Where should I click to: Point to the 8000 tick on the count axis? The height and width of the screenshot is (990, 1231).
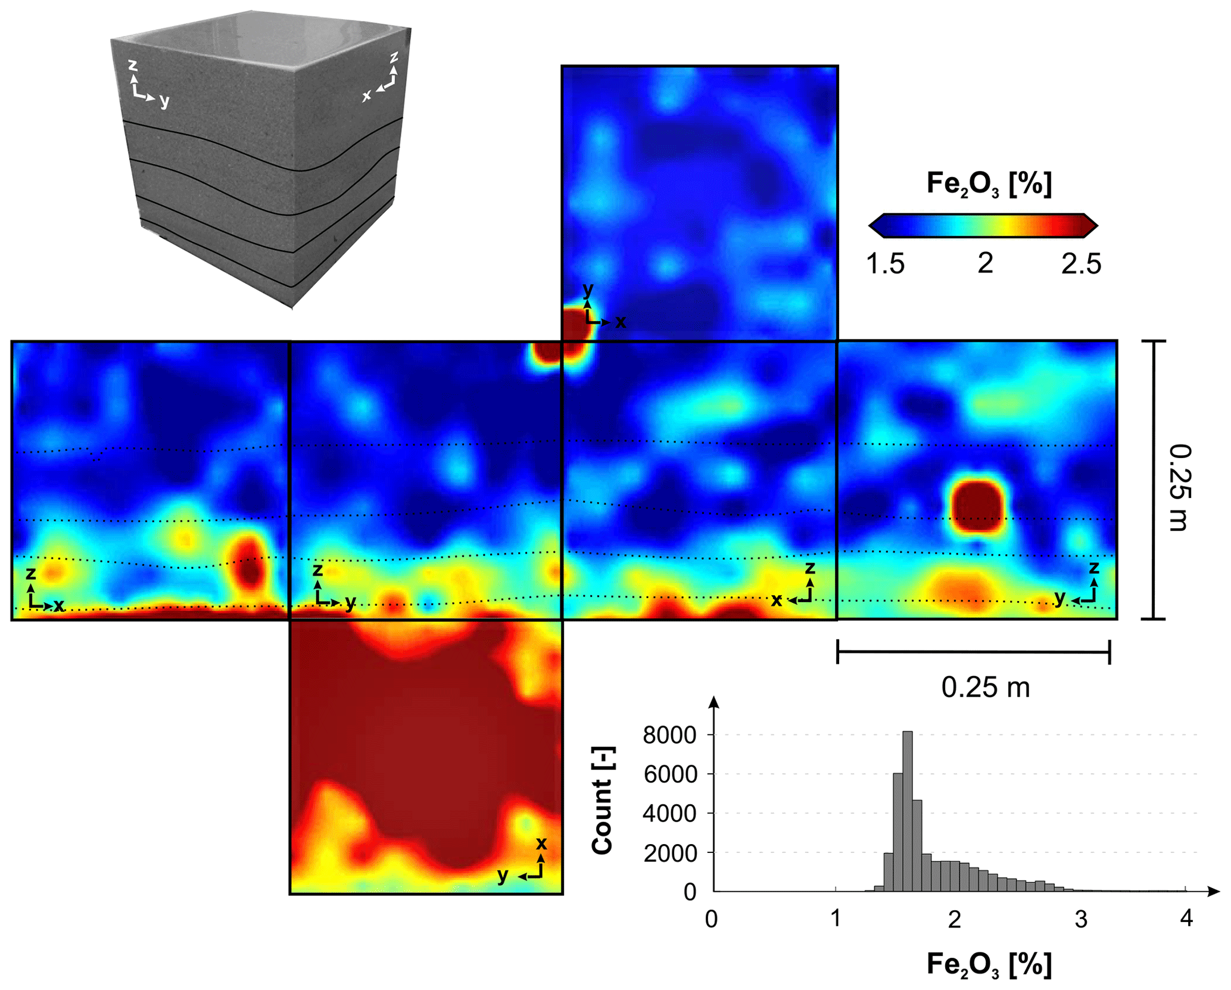pyautogui.click(x=669, y=735)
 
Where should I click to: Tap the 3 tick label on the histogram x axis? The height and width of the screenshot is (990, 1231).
pyautogui.click(x=1081, y=919)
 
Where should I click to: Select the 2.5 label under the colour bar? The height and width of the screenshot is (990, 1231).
pyautogui.click(x=1081, y=263)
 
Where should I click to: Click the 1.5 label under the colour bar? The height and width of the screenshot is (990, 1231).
pyautogui.click(x=885, y=263)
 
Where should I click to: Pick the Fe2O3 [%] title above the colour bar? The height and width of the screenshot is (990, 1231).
pyautogui.click(x=989, y=183)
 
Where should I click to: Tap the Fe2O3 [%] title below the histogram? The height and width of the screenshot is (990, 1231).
pyautogui.click(x=989, y=964)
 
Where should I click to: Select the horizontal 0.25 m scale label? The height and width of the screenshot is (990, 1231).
pyautogui.click(x=985, y=687)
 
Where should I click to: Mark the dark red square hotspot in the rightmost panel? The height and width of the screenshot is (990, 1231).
pyautogui.click(x=977, y=506)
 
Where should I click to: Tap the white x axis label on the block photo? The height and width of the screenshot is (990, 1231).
pyautogui.click(x=367, y=95)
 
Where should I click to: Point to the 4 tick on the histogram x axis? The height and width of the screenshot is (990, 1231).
pyautogui.click(x=1186, y=919)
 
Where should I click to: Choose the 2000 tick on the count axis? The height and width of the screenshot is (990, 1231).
pyautogui.click(x=669, y=853)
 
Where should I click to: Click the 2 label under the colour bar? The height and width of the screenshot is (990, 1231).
pyautogui.click(x=985, y=263)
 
